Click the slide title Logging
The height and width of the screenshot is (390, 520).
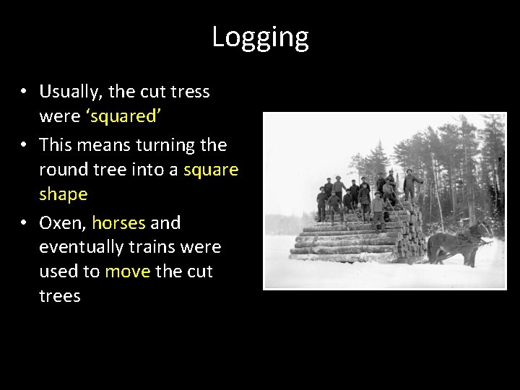(x=260, y=38)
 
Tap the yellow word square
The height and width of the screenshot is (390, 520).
(x=210, y=170)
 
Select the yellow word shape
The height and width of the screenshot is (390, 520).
(x=63, y=194)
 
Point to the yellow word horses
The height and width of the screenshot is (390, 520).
(x=118, y=223)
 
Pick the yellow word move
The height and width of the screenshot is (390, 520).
(x=128, y=272)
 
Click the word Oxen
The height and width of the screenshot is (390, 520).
(x=62, y=223)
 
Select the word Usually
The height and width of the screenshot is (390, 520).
(x=71, y=92)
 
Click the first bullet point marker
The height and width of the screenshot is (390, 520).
(x=25, y=92)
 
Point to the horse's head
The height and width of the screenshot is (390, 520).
(x=482, y=230)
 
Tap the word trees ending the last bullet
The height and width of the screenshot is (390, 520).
(x=59, y=296)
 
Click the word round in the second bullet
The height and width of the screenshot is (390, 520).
(x=63, y=170)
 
